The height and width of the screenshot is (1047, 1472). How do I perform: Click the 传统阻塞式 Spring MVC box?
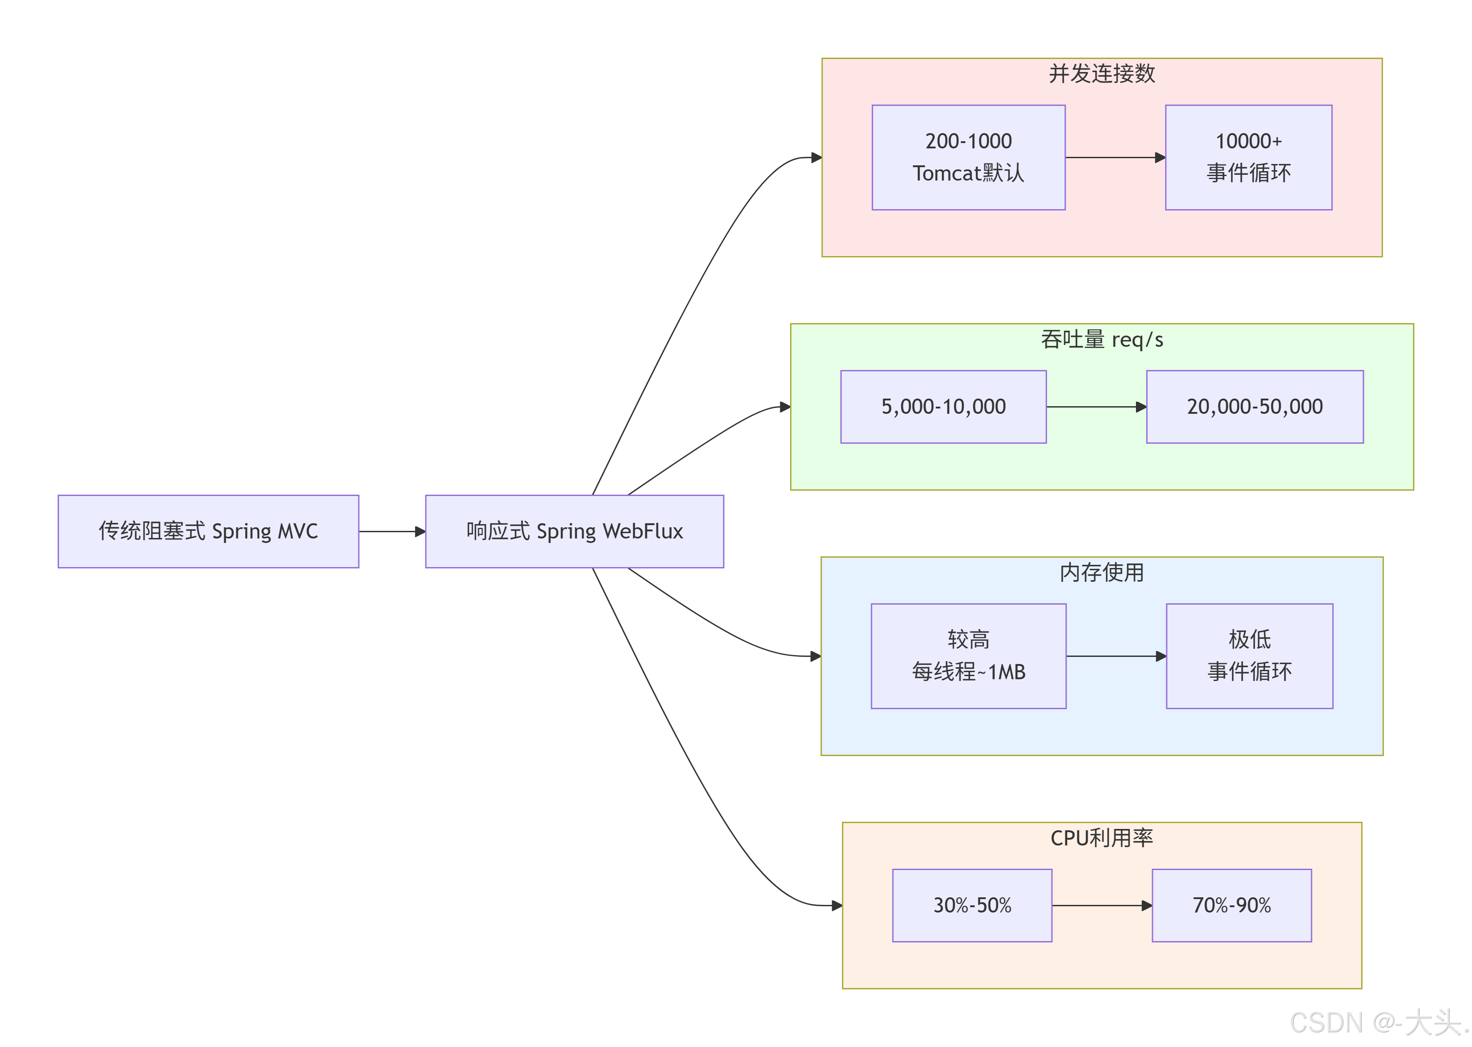click(x=208, y=531)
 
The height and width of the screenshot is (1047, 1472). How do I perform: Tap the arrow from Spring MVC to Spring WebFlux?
click(x=391, y=531)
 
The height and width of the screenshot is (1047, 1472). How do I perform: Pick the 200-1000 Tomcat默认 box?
click(x=968, y=157)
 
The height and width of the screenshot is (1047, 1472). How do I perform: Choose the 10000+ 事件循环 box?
click(x=1248, y=157)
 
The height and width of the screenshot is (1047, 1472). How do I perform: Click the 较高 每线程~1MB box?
click(x=968, y=656)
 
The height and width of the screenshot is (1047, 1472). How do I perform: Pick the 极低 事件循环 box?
click(x=1249, y=656)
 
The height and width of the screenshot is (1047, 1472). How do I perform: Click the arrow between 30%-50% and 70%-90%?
click(x=1101, y=905)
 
